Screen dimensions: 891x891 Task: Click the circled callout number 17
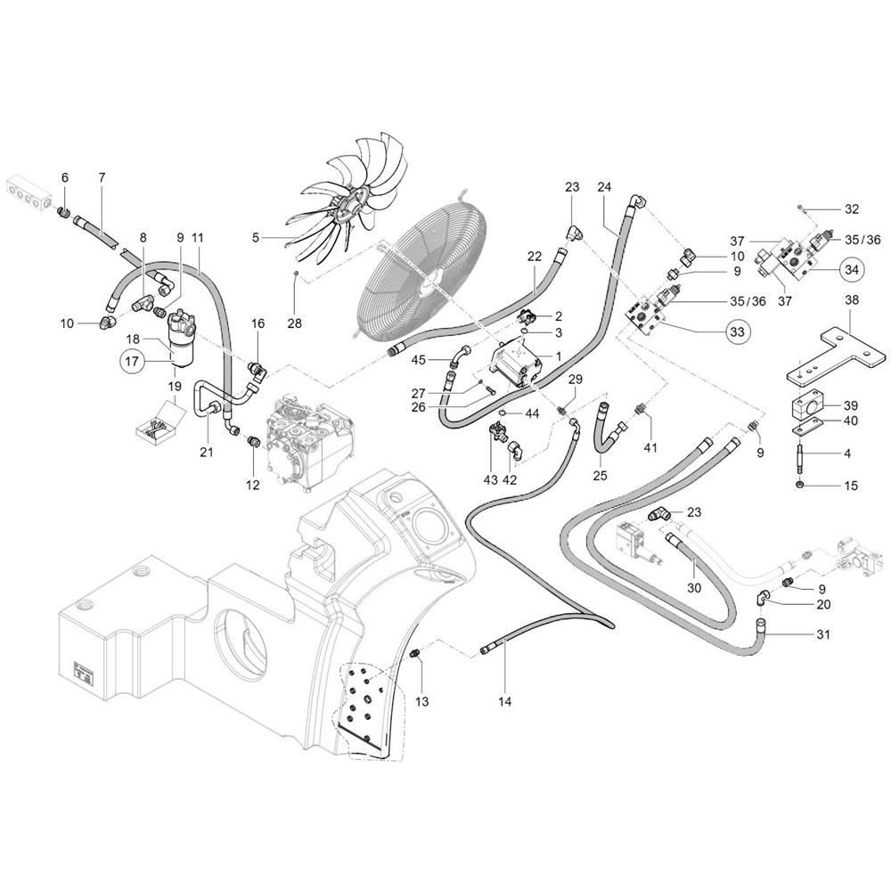click(x=132, y=361)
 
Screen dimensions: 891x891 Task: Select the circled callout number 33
click(x=737, y=331)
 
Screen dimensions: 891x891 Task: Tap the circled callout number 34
click(x=851, y=269)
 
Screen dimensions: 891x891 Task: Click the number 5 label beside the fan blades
click(x=256, y=238)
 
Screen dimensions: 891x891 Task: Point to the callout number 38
click(x=851, y=299)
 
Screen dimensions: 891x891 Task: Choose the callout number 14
click(x=504, y=702)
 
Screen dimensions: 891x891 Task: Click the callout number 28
click(x=294, y=323)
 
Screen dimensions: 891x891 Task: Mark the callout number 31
click(x=822, y=634)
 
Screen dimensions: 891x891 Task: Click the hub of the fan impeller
click(x=347, y=211)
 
